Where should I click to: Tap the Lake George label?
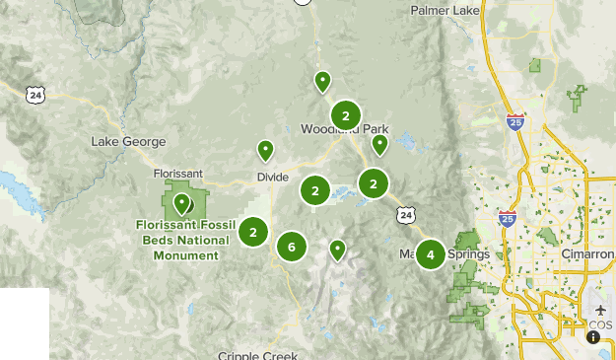pyautogui.click(x=128, y=142)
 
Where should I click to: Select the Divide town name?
pyautogui.click(x=272, y=177)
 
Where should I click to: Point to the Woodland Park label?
pyautogui.click(x=345, y=130)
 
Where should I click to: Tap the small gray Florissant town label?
pyautogui.click(x=178, y=174)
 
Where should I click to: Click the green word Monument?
pyautogui.click(x=178, y=255)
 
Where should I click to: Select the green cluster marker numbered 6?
pyautogui.click(x=292, y=247)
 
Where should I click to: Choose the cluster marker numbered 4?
pyautogui.click(x=430, y=254)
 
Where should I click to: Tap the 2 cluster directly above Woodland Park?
pyautogui.click(x=345, y=115)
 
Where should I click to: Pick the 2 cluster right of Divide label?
pyautogui.click(x=315, y=191)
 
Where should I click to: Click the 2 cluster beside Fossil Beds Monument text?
pyautogui.click(x=253, y=233)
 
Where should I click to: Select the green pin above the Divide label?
pyautogui.click(x=265, y=151)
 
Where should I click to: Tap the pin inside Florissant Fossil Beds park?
pyautogui.click(x=181, y=203)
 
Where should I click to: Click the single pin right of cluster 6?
pyautogui.click(x=337, y=250)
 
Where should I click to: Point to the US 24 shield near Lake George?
pyautogui.click(x=36, y=95)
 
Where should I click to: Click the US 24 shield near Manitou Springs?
pyautogui.click(x=407, y=213)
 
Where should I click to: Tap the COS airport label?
pyautogui.click(x=600, y=324)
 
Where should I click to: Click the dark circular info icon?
pyautogui.click(x=593, y=337)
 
